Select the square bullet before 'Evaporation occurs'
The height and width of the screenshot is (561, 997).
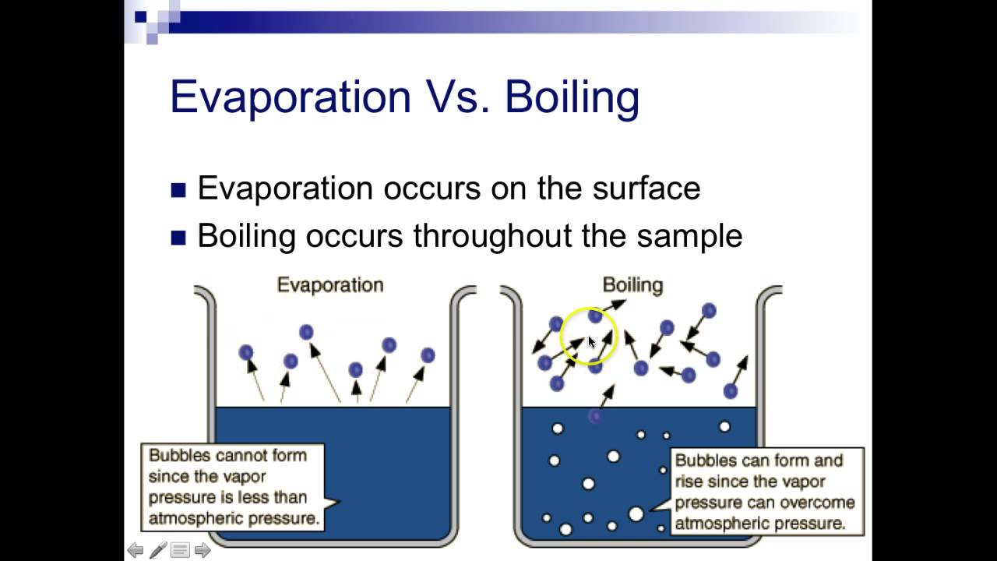pos(178,190)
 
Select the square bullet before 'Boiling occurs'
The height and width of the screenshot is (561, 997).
pos(178,238)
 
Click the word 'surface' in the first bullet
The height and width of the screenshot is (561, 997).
pos(646,188)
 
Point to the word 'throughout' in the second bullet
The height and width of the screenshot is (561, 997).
pos(492,236)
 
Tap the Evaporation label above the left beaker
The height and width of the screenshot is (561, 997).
pos(330,285)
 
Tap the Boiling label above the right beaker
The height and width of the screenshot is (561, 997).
pos(632,285)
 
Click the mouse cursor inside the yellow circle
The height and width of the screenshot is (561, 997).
pos(592,342)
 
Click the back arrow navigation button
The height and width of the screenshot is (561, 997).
pos(136,550)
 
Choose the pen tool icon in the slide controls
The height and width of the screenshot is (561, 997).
pos(158,550)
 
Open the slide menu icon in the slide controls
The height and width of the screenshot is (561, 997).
pos(180,550)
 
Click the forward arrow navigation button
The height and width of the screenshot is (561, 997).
pos(203,550)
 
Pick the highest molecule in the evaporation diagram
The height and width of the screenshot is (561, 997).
pos(306,332)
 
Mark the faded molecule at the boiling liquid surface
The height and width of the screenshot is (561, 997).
pos(595,417)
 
